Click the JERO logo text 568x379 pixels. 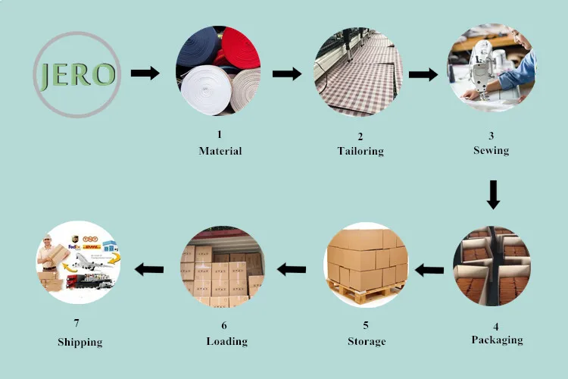pos(76,74)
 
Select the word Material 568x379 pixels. pos(220,151)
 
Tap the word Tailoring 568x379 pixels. pos(360,151)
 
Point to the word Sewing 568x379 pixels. pos(491,150)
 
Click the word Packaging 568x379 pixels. pos(497,339)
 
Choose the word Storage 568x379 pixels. pos(367,341)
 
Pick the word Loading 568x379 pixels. pos(227,341)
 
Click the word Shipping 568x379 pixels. pos(80,342)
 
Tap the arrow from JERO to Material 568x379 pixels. pos(145,74)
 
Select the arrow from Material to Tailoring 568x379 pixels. pos(287,74)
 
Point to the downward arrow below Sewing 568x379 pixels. pos(493,194)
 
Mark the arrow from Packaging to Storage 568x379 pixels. pos(429,268)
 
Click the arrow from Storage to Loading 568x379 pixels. pos(291,268)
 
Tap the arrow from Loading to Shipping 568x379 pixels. pos(149,268)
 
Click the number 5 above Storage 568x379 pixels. pos(367,326)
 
